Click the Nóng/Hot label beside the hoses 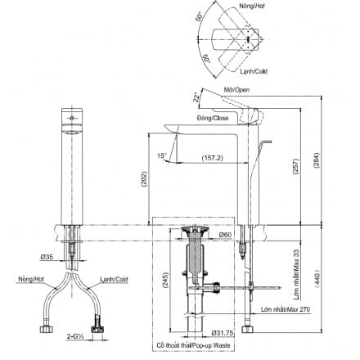[27, 280]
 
